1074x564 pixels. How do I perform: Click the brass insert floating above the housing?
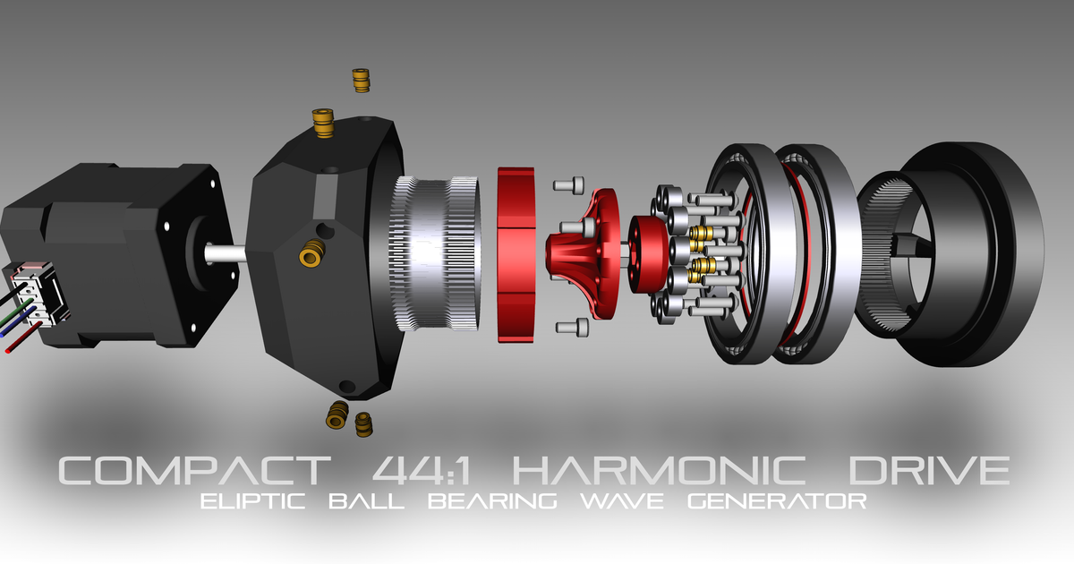pos(361,80)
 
